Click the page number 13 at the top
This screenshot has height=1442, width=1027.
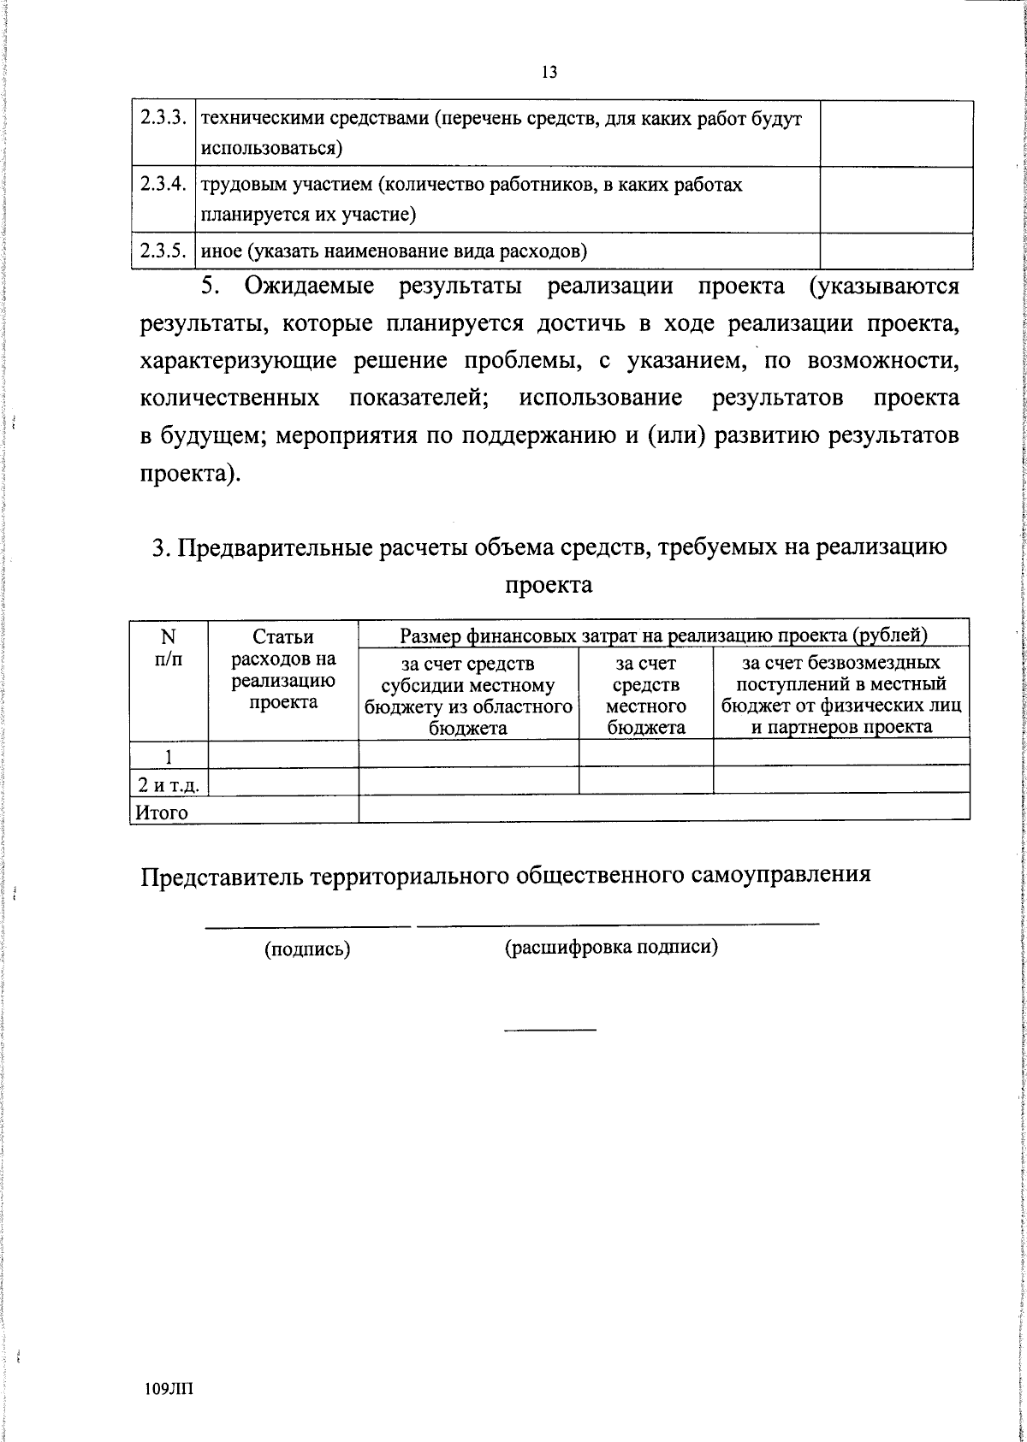[x=549, y=73]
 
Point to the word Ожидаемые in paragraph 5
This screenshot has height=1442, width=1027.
[x=310, y=286]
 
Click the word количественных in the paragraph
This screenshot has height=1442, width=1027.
[x=231, y=399]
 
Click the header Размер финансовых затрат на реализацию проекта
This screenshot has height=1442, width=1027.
[x=663, y=635]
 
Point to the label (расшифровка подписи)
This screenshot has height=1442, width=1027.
[x=611, y=947]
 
